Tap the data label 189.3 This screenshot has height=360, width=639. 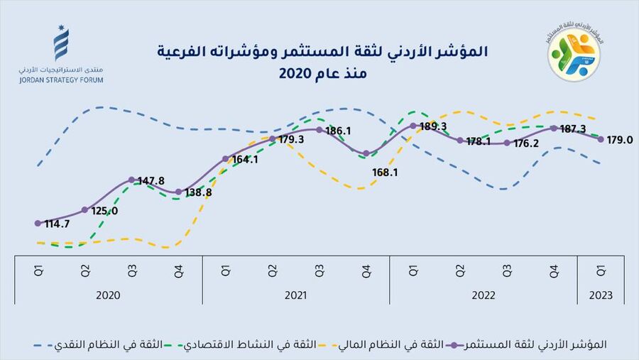[x=433, y=126]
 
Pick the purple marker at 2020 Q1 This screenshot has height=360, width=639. [x=38, y=223]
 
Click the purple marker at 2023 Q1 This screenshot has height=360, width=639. [x=601, y=139]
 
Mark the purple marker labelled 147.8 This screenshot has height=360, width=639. [x=132, y=180]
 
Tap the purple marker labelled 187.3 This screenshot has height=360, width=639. [x=554, y=129]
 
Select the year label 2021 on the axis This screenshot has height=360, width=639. [x=295, y=295]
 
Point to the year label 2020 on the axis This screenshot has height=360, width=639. [x=108, y=295]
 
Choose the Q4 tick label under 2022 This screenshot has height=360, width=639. [x=554, y=271]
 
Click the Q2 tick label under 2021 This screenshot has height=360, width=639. [x=273, y=271]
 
